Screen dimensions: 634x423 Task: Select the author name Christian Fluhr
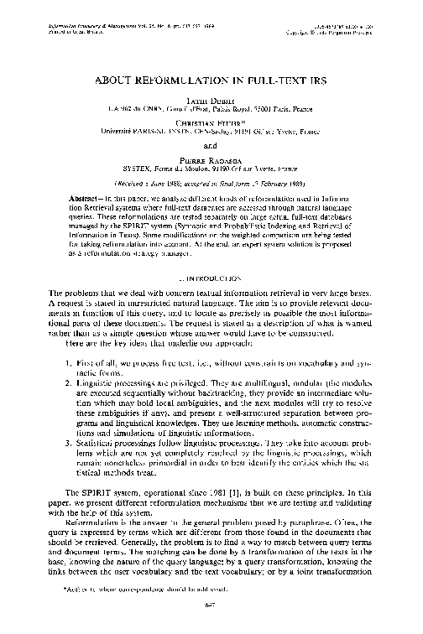click(211, 119)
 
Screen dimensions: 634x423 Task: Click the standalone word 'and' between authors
click(211, 142)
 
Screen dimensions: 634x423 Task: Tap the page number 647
click(211, 621)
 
